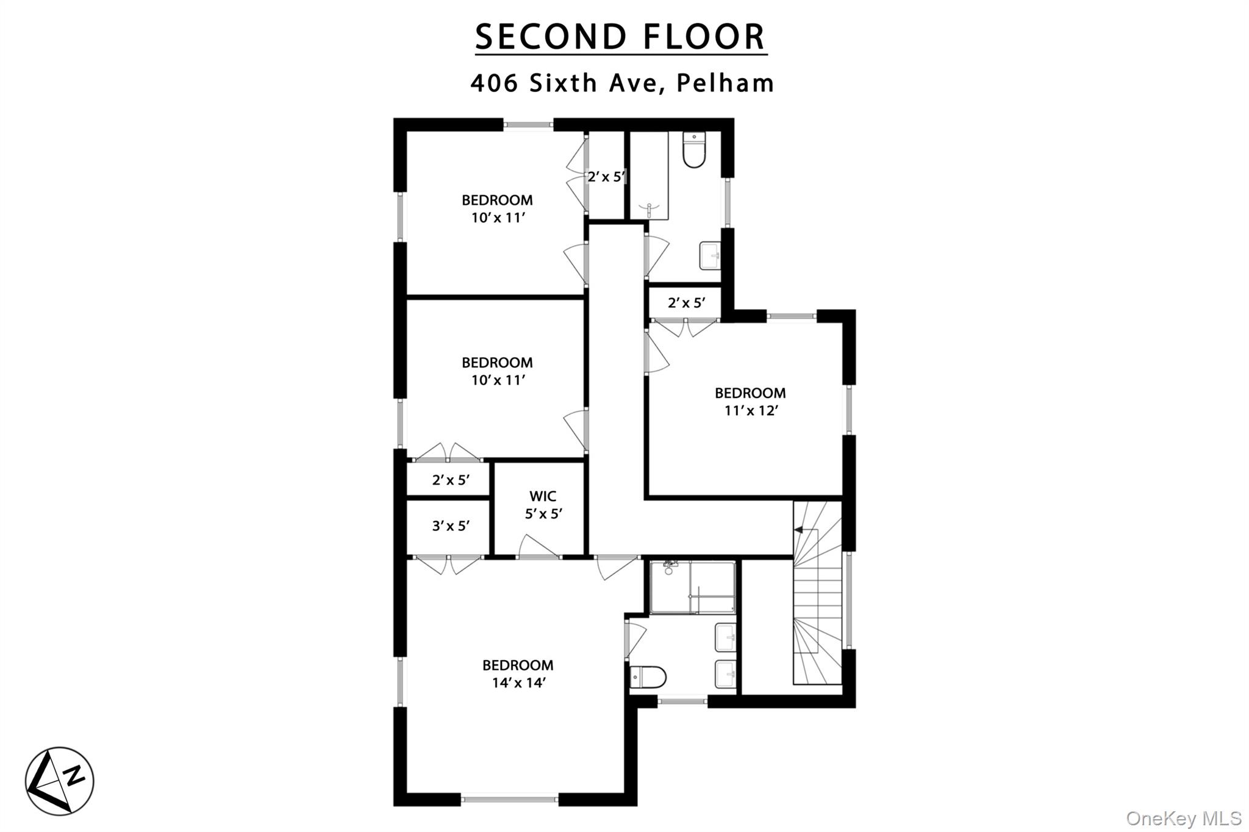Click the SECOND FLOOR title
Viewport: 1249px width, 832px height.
coord(620,37)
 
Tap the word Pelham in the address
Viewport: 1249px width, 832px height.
coord(725,83)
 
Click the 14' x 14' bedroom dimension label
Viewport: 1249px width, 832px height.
coord(518,683)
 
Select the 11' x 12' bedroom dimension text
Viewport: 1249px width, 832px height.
coord(751,411)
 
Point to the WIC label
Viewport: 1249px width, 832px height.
coord(543,496)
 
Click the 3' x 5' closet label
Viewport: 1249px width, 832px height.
coord(451,525)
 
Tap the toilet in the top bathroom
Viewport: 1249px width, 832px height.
coord(694,150)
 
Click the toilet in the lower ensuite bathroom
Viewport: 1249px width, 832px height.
coord(648,677)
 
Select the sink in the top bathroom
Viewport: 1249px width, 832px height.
coord(710,255)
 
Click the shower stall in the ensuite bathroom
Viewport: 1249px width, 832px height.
coord(693,588)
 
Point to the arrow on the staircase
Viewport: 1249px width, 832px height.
coord(798,530)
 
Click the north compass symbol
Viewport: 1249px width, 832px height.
coord(60,781)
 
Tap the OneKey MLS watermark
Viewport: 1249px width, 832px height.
coord(1184,818)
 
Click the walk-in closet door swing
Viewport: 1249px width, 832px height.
coord(538,546)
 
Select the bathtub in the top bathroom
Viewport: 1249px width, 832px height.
coord(649,176)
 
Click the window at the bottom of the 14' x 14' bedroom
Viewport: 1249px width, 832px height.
coord(509,798)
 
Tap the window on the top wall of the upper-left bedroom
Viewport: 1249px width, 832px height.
coord(528,125)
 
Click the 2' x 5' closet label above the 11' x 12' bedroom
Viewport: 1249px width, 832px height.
coord(687,303)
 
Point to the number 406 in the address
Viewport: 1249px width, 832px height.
coord(495,83)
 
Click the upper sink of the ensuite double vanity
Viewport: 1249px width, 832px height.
coord(725,637)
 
